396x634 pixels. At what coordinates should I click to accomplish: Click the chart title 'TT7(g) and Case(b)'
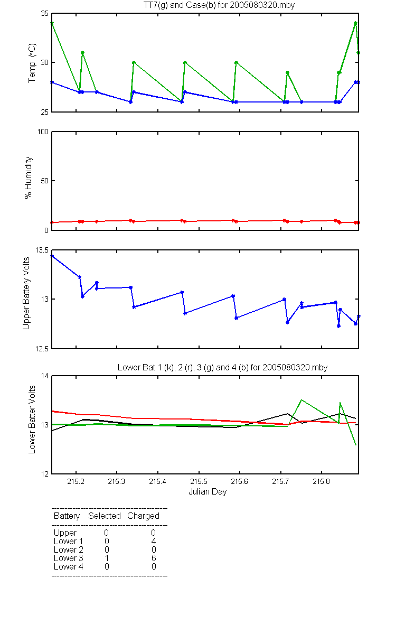click(x=180, y=5)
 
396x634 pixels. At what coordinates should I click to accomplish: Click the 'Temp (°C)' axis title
click(x=32, y=63)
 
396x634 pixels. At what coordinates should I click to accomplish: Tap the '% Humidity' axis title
click(x=29, y=178)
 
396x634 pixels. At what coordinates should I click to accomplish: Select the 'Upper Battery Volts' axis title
click(x=26, y=293)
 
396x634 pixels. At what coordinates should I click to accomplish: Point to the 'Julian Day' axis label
click(x=208, y=492)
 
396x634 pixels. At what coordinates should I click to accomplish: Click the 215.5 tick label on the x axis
click(x=199, y=481)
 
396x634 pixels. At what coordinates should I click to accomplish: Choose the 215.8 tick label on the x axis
click(x=322, y=481)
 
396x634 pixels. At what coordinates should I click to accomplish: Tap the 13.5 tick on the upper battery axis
click(x=42, y=250)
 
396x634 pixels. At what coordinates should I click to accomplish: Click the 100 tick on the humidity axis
click(x=43, y=132)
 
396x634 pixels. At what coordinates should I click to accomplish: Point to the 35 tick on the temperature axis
click(x=45, y=13)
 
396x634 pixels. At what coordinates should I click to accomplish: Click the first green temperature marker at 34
click(x=52, y=23)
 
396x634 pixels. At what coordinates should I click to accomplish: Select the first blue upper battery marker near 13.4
click(x=52, y=256)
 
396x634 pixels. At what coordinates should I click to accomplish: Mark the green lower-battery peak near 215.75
click(x=301, y=399)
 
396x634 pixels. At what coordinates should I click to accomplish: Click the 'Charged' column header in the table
click(x=144, y=516)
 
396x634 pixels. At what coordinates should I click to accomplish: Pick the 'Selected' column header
click(x=105, y=516)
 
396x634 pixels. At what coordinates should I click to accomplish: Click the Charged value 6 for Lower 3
click(x=154, y=558)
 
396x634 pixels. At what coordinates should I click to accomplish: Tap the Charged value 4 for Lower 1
click(x=154, y=541)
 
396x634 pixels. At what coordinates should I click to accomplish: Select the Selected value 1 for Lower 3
click(x=107, y=558)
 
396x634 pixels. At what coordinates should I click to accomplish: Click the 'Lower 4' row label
click(x=69, y=566)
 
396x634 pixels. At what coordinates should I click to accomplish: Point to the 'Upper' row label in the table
click(x=65, y=533)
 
